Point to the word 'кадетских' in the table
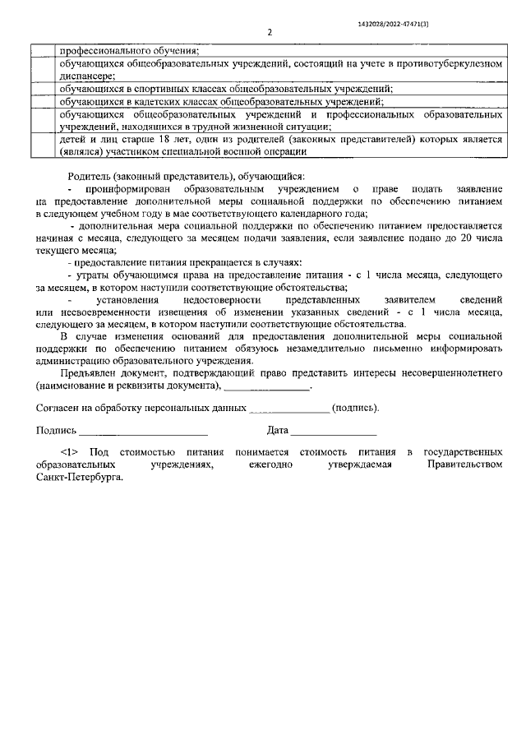pyautogui.click(x=146, y=101)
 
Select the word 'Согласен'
pyautogui.click(x=56, y=408)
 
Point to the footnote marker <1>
pyautogui.click(x=69, y=453)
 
